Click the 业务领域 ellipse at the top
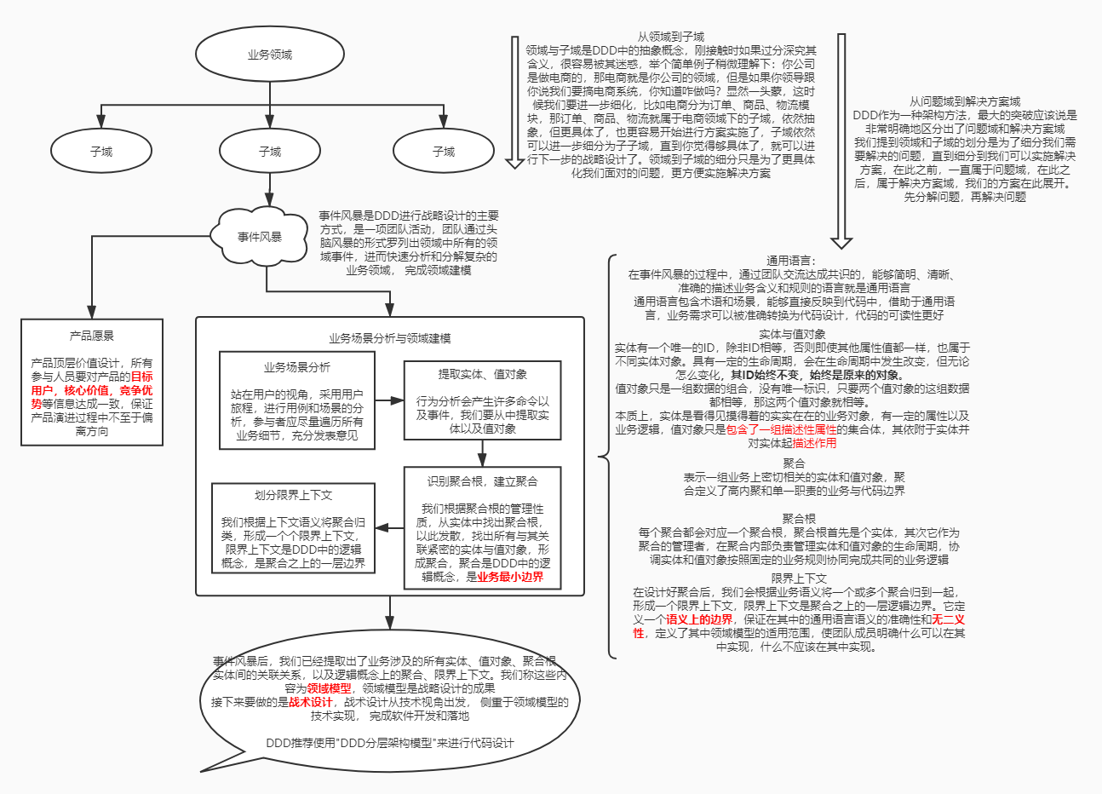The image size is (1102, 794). pyautogui.click(x=270, y=55)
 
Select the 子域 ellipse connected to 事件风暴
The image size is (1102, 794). pyautogui.click(x=270, y=152)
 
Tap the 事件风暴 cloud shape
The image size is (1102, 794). pyautogui.click(x=260, y=237)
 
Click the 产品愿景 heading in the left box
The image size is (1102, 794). pyautogui.click(x=92, y=337)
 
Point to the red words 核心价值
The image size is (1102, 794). pyautogui.click(x=87, y=390)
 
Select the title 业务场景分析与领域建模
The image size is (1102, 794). pyautogui.click(x=390, y=338)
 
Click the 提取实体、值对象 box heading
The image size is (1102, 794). pyautogui.click(x=483, y=374)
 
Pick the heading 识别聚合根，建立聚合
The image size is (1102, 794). pyautogui.click(x=483, y=481)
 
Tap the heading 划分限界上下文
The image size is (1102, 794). pyautogui.click(x=293, y=495)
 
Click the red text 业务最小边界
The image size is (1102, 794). pyautogui.click(x=510, y=577)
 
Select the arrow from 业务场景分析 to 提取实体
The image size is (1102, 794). pyautogui.click(x=388, y=400)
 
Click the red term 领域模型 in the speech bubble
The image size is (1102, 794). pyautogui.click(x=330, y=688)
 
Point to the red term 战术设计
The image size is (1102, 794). pyautogui.click(x=311, y=702)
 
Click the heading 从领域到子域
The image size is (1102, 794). pyautogui.click(x=671, y=37)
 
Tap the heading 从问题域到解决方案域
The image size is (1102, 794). pyautogui.click(x=965, y=101)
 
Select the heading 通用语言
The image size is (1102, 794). pyautogui.click(x=790, y=261)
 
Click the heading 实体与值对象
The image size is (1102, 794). pyautogui.click(x=792, y=334)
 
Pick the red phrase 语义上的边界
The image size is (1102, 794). pyautogui.click(x=699, y=619)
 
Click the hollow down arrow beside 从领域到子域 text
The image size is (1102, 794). pyautogui.click(x=514, y=102)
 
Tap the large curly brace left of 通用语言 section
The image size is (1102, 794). pyautogui.click(x=606, y=457)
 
